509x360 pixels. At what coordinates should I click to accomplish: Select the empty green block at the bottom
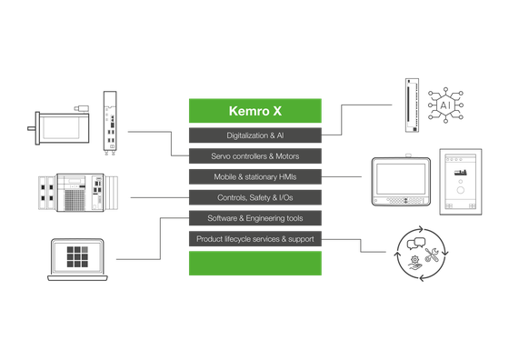point(254,264)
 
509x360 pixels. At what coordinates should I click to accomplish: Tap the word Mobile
point(225,177)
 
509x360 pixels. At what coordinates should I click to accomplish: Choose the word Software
point(223,219)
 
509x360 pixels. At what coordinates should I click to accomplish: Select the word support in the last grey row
point(300,240)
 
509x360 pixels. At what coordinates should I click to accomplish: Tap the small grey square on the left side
point(85,248)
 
